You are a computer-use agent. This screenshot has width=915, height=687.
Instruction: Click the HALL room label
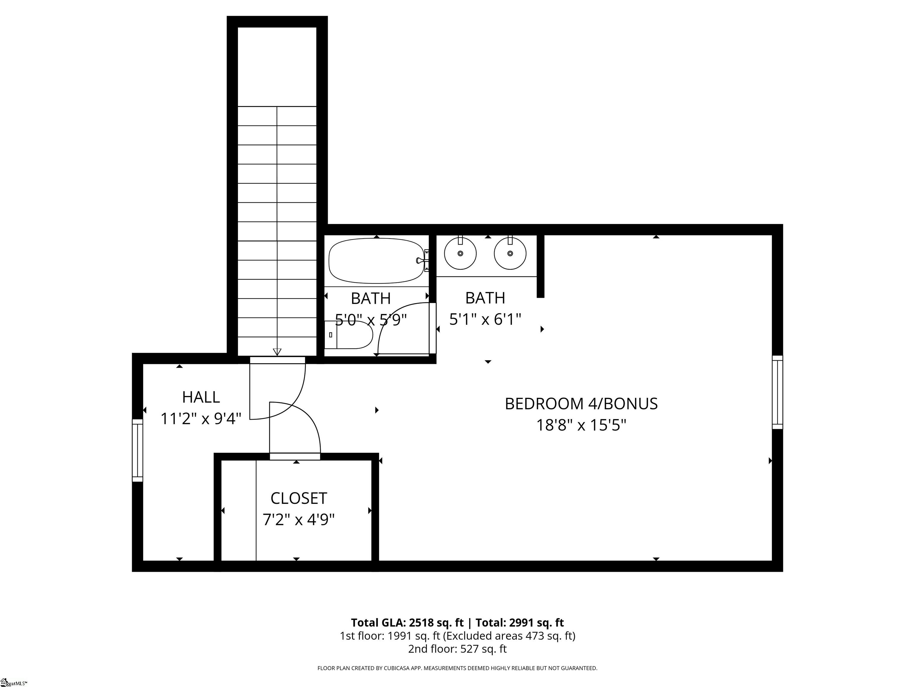[201, 397]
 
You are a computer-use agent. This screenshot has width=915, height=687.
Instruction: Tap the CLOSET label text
[299, 498]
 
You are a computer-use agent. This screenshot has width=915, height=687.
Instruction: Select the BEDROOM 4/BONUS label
[581, 404]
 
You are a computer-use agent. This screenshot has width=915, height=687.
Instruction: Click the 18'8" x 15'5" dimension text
[581, 425]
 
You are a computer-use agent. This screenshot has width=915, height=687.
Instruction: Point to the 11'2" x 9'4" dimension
[201, 419]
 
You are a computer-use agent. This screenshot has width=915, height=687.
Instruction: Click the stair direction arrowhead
[277, 352]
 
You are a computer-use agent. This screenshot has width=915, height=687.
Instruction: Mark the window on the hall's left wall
[137, 450]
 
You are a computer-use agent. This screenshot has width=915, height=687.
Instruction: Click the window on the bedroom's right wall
[778, 392]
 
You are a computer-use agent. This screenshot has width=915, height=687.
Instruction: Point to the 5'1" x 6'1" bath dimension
[485, 319]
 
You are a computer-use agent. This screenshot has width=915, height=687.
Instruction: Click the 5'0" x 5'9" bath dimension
[371, 320]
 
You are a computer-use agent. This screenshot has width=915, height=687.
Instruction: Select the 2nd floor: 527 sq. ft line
[457, 649]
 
